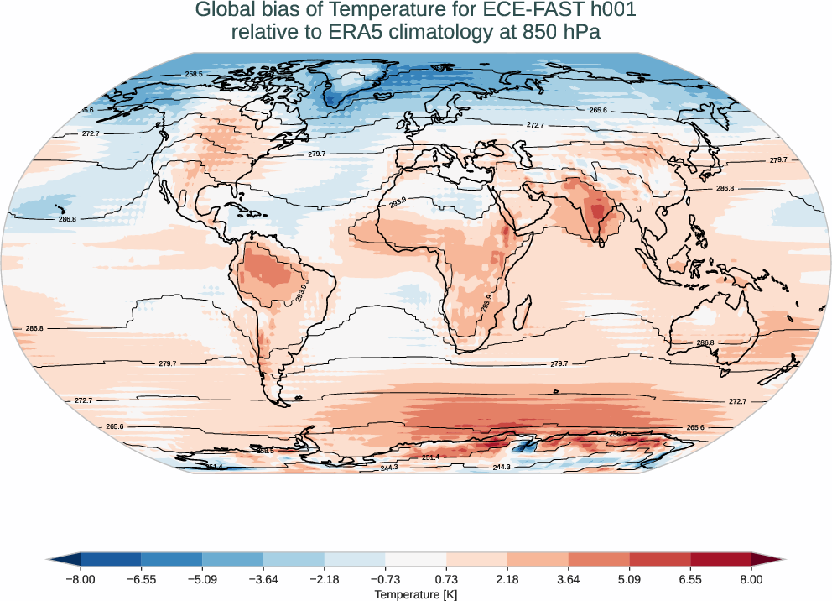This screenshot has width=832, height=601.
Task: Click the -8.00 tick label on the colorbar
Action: click(81, 579)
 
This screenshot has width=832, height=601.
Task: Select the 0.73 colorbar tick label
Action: click(446, 579)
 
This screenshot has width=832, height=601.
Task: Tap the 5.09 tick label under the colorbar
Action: click(629, 579)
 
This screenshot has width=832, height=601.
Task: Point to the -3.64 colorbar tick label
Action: click(263, 579)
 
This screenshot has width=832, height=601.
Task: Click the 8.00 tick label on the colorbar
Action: click(751, 579)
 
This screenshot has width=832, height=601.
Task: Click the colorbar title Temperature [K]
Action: click(416, 594)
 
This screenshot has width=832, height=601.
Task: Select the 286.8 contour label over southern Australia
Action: click(705, 342)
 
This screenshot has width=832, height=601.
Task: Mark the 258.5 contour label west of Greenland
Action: click(195, 74)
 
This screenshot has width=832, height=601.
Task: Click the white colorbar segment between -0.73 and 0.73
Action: click(416, 559)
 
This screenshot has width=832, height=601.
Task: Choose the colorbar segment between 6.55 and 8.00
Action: click(720, 559)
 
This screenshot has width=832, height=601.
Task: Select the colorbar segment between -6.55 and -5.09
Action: click(172, 559)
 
